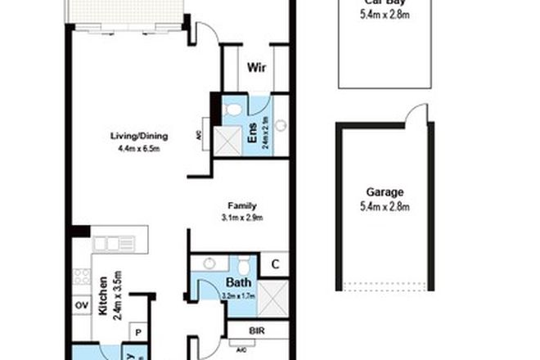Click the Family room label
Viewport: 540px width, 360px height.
pos(242,206)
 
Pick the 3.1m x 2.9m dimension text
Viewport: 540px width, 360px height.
pos(242,218)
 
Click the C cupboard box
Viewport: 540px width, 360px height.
pos(277,263)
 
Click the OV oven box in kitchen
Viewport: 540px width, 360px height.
pos(81,305)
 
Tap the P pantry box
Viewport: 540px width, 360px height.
pos(137,333)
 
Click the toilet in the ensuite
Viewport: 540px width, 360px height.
pos(232,109)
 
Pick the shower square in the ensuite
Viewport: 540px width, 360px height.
pos(224,142)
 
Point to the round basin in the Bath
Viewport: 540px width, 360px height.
pos(209,263)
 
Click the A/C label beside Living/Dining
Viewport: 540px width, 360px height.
pos(200,138)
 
